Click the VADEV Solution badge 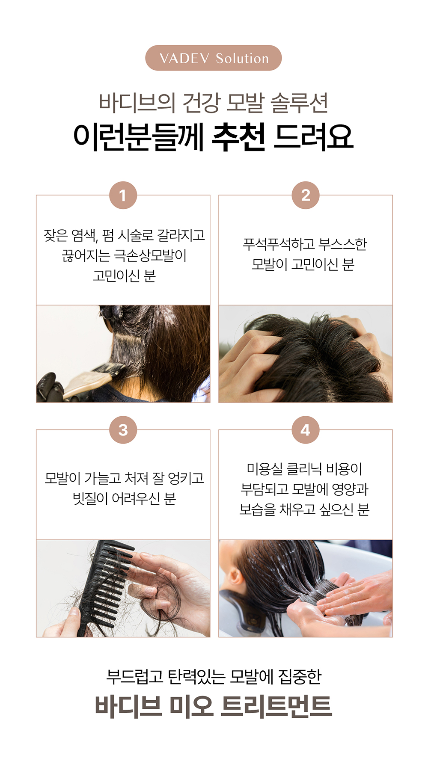point(214,58)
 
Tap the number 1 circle point(123,195)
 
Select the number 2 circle point(306,195)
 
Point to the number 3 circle point(123,430)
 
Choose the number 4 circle point(306,430)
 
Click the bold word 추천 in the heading point(239,137)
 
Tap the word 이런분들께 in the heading point(138,137)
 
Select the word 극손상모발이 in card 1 point(151,256)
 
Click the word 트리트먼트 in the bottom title point(276,706)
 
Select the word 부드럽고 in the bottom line point(135,676)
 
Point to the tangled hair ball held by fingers point(163,599)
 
